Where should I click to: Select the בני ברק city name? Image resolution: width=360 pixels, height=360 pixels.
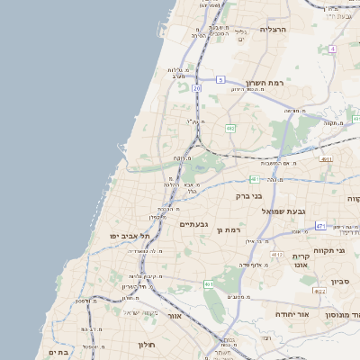248,194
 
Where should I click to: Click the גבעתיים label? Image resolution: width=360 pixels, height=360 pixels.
194,223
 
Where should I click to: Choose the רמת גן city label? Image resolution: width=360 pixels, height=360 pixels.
231,230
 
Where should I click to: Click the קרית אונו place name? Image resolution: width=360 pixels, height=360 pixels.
301,261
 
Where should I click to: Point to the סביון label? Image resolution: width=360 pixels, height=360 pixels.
339,282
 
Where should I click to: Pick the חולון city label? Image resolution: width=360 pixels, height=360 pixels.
148,345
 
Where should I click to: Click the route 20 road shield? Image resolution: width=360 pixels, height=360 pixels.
196,89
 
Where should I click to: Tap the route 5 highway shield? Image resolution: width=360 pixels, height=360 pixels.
220,80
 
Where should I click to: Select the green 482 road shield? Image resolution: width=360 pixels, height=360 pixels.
230,129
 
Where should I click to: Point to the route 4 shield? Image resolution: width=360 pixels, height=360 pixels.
332,49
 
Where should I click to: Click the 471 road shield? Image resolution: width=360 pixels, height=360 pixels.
320,225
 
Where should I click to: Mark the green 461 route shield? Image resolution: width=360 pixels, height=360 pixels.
209,284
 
